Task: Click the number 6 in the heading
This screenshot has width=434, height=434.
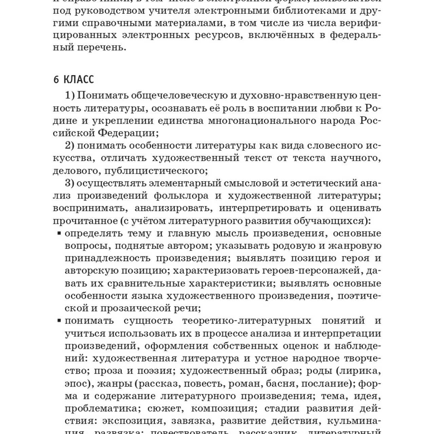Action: coord(56,80)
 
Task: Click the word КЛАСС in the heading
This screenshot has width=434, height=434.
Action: coord(79,80)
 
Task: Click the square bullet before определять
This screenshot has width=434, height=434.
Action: coord(59,233)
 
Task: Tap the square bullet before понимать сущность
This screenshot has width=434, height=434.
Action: coord(59,321)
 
